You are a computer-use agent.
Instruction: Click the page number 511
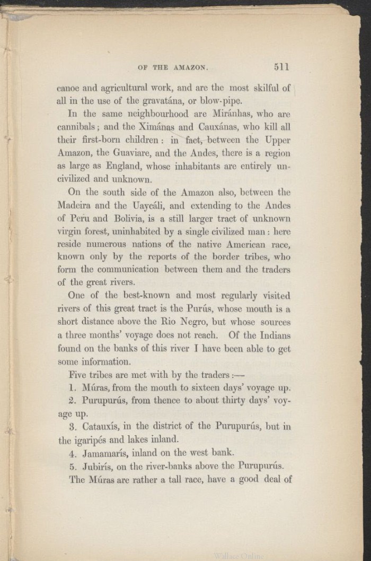(x=281, y=67)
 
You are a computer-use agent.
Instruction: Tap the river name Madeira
(x=76, y=205)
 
